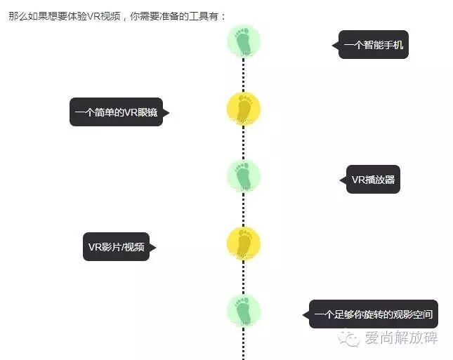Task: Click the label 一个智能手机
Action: tap(373, 45)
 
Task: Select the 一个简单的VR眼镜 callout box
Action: tap(117, 112)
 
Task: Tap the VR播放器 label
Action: tap(373, 180)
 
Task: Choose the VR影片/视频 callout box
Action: tap(117, 246)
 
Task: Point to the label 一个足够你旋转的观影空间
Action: tap(374, 314)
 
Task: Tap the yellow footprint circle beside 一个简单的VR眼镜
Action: tap(244, 109)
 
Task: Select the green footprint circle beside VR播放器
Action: tap(244, 176)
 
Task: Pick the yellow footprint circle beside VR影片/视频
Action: tap(244, 244)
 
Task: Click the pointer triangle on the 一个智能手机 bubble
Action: tap(336, 45)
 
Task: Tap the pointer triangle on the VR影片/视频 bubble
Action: tap(152, 247)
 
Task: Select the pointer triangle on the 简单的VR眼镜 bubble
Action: tap(166, 112)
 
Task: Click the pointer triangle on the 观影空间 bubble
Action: tap(306, 314)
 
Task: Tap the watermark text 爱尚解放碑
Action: tap(401, 339)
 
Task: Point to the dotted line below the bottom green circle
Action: tap(244, 344)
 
